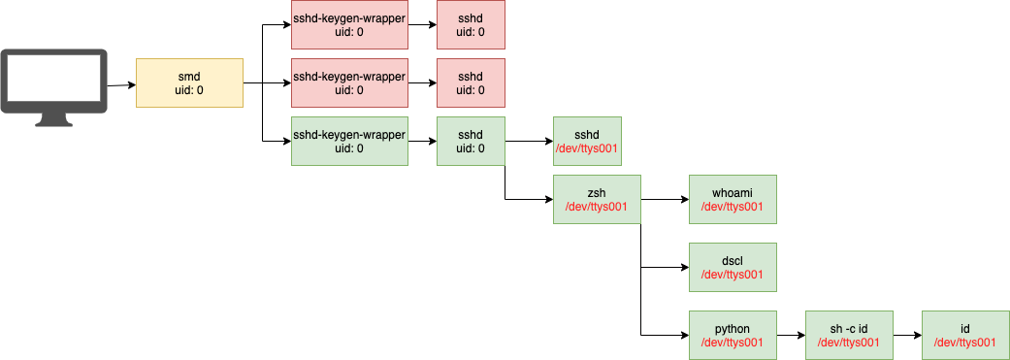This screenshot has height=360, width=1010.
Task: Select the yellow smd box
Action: [x=189, y=82]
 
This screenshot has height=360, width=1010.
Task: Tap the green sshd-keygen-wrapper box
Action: [x=349, y=141]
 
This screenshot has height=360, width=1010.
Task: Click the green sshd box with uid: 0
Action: [x=471, y=141]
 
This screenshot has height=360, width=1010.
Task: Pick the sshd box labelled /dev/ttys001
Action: [x=587, y=141]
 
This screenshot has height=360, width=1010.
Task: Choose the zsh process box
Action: [x=597, y=199]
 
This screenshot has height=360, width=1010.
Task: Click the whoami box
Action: [x=733, y=199]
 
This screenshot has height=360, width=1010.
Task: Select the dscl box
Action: [x=733, y=267]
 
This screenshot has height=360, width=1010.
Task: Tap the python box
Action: [x=733, y=335]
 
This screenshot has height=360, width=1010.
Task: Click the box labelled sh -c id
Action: [x=849, y=335]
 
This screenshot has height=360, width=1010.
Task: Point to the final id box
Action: [x=965, y=335]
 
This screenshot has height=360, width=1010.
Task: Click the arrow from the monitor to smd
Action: [x=120, y=84]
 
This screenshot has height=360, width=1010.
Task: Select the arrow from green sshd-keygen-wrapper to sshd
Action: [x=422, y=141]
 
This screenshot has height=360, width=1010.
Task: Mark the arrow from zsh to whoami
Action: [x=665, y=199]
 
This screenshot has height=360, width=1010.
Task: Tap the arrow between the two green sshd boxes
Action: [x=529, y=141]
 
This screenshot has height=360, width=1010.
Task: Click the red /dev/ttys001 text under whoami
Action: [x=733, y=206]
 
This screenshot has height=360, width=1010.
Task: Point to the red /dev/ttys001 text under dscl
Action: [x=733, y=274]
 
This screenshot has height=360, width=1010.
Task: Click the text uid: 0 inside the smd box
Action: [x=189, y=90]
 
